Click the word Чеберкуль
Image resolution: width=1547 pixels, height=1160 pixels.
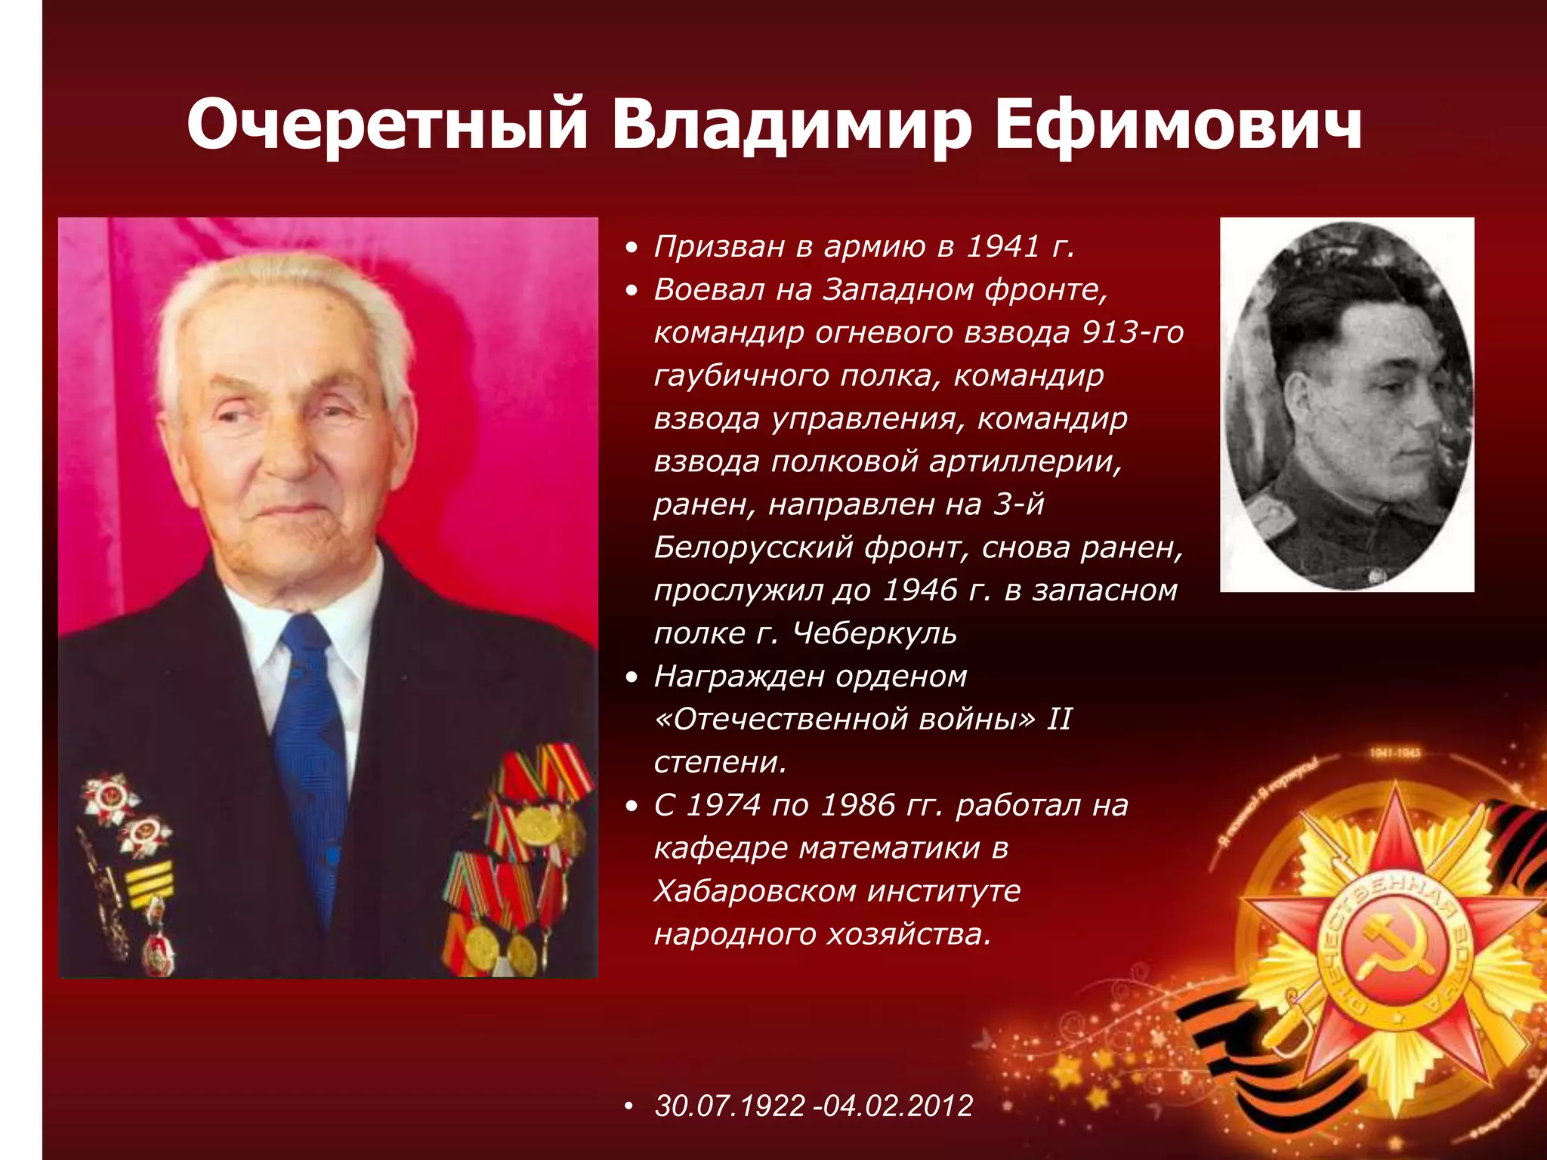pyautogui.click(x=875, y=633)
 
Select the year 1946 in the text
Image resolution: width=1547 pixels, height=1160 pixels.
pyautogui.click(x=919, y=590)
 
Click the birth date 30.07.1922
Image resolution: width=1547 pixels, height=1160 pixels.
pyautogui.click(x=730, y=1106)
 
